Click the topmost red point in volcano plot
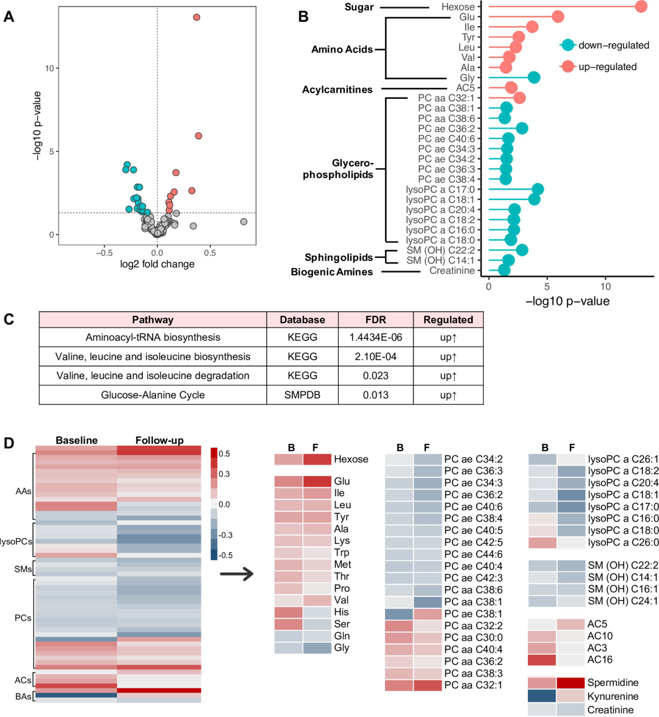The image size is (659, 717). (196, 17)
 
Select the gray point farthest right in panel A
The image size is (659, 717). (243, 222)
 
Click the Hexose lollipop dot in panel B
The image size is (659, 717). (641, 7)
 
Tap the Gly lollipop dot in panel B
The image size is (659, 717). (534, 77)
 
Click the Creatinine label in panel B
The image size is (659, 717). (452, 271)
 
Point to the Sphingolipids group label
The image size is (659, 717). (339, 257)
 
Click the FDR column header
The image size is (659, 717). (376, 319)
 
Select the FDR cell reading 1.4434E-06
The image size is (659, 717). (376, 337)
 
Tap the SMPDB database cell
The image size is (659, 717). (303, 394)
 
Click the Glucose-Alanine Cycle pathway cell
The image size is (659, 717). (153, 394)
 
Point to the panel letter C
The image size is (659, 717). (9, 319)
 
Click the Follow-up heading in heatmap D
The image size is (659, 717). (159, 440)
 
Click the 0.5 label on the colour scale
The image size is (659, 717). (224, 454)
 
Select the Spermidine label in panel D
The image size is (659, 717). (613, 683)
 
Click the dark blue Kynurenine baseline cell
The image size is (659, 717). (542, 696)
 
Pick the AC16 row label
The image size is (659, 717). (600, 660)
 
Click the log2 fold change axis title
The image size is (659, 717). (157, 264)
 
